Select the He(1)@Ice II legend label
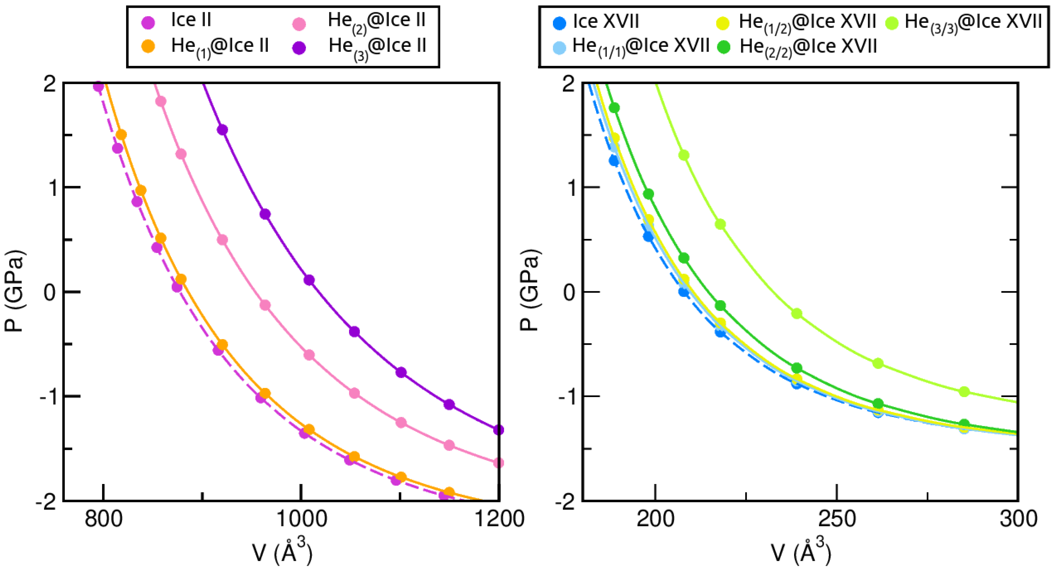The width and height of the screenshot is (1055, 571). pos(220,46)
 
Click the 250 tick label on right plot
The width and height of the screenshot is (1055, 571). pos(837,519)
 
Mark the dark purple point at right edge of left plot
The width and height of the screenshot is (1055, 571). pos(498,430)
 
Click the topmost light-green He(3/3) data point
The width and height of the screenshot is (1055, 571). pos(684,155)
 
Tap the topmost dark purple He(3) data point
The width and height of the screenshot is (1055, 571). pos(222,130)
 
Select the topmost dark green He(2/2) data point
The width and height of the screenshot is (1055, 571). pos(614,108)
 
